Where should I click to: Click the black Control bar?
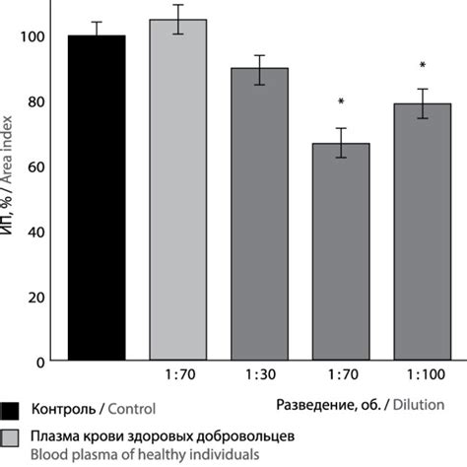(x=96, y=198)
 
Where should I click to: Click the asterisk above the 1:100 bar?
(x=422, y=66)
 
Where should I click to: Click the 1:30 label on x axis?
(x=259, y=378)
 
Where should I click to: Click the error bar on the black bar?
(x=96, y=29)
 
